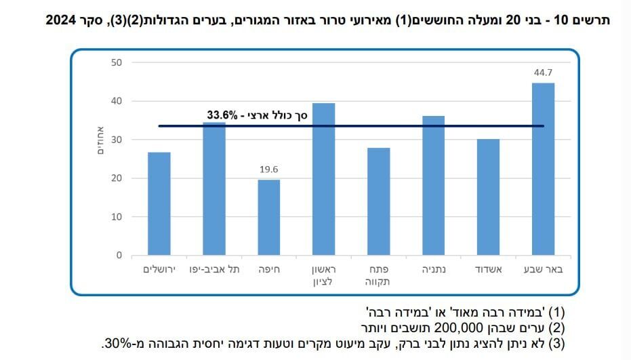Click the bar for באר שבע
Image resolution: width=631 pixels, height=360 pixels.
click(x=543, y=169)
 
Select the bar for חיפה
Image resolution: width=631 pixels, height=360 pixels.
click(x=268, y=218)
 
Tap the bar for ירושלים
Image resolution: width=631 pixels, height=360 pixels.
click(x=159, y=204)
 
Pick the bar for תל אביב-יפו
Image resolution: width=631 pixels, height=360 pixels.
click(x=214, y=189)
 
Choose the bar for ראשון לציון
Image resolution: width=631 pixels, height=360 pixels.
click(x=323, y=180)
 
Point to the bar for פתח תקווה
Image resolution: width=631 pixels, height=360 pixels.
click(x=378, y=202)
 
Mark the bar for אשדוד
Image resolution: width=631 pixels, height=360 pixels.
click(x=488, y=197)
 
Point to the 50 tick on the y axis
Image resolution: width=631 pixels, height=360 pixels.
click(x=117, y=62)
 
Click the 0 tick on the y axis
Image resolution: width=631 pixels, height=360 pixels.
click(x=119, y=256)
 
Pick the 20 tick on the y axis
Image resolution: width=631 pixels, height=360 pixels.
click(x=117, y=178)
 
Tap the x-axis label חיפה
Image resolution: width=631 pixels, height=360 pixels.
click(x=269, y=269)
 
